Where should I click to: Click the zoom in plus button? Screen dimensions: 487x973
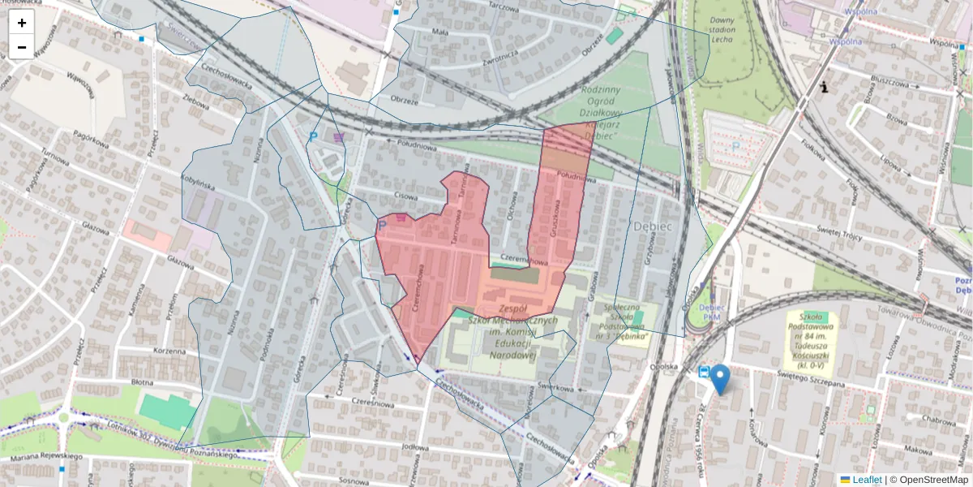click(22, 23)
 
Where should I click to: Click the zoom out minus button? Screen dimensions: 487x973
click(22, 47)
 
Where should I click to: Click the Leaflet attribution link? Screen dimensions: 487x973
click(866, 480)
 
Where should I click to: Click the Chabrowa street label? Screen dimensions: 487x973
click(938, 420)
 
